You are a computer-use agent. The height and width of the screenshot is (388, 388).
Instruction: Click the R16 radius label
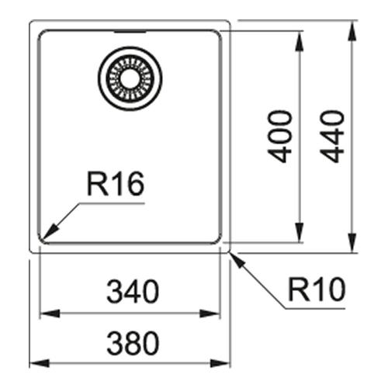point(116,183)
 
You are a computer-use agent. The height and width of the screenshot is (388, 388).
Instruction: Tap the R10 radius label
point(317,289)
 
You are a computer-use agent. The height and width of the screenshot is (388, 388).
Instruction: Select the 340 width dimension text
point(133,291)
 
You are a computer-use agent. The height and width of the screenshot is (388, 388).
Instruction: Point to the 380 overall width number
point(133,343)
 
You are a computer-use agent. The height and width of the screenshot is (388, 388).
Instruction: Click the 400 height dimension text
point(280,137)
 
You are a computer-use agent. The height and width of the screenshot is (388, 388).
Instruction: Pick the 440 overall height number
point(332,137)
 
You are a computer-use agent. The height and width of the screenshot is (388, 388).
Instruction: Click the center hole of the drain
point(130,78)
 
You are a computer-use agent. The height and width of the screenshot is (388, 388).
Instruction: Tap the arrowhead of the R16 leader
point(51,231)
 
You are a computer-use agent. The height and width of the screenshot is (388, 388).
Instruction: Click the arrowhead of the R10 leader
point(237,261)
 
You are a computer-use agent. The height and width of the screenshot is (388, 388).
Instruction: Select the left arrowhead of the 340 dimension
point(50,314)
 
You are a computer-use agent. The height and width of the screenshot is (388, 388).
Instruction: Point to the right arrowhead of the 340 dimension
point(210,314)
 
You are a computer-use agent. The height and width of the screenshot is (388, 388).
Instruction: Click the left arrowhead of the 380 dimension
point(40,363)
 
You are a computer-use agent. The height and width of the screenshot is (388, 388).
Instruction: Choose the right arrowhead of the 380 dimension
point(220,363)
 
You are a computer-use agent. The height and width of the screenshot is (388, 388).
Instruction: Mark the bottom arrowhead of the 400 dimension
point(300,232)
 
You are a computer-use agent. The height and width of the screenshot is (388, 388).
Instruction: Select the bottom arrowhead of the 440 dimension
point(352,242)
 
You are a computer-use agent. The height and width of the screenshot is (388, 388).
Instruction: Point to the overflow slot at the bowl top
point(130,32)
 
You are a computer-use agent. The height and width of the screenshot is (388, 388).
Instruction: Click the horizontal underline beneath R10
point(315,308)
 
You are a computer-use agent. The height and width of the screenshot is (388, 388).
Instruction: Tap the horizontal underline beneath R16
point(112,203)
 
